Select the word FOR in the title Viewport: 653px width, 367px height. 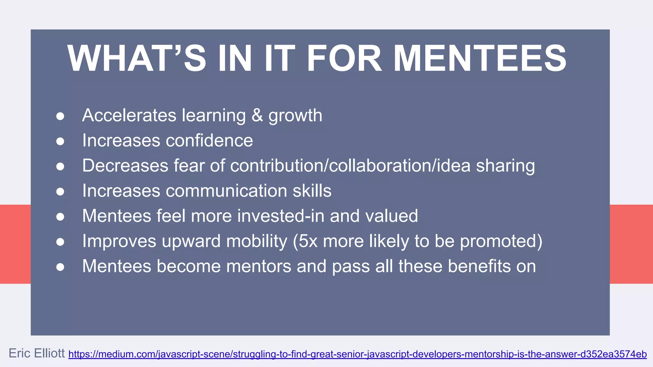[344, 59]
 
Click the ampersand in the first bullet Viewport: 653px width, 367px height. [257, 115]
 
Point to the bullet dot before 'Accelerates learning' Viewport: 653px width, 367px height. [60, 116]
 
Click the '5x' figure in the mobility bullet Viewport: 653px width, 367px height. [308, 241]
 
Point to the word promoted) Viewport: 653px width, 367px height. [501, 241]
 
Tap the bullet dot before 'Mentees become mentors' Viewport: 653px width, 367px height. [60, 267]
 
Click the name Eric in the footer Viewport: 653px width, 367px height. [19, 353]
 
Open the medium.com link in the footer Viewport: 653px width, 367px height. [357, 354]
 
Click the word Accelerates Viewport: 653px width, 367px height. [129, 115]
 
